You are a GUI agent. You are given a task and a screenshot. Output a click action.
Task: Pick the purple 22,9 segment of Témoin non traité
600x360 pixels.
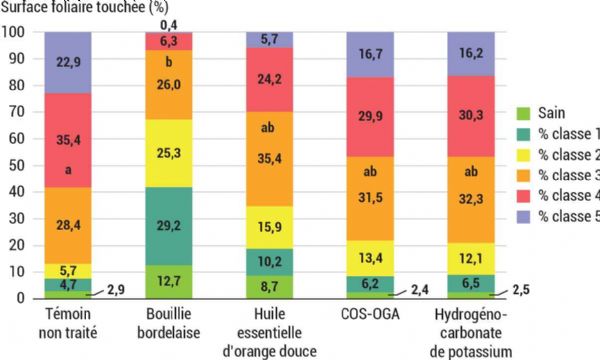tap(67, 62)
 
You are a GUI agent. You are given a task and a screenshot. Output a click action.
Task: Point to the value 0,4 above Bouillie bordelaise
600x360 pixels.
tap(168, 23)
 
